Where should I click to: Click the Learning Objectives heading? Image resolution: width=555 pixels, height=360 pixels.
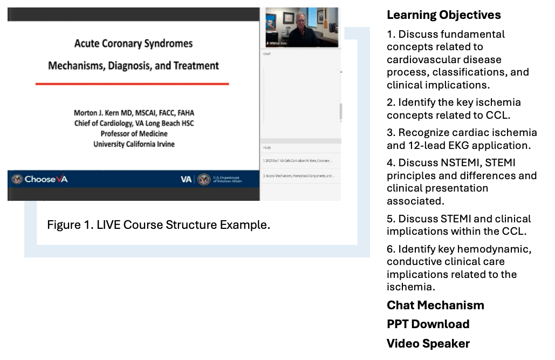tap(443, 15)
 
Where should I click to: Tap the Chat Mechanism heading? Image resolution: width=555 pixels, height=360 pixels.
tap(435, 305)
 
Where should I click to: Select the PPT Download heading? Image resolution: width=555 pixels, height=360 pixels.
tap(428, 324)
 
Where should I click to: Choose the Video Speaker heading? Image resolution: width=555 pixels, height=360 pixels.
tap(428, 343)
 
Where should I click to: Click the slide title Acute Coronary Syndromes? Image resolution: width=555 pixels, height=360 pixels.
tap(133, 43)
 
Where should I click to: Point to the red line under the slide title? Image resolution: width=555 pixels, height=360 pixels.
tap(132, 84)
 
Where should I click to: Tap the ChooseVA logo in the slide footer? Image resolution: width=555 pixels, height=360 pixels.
tap(40, 179)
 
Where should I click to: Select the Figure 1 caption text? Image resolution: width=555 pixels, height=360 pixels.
tap(158, 225)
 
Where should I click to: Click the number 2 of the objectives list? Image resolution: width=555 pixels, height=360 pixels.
tap(390, 103)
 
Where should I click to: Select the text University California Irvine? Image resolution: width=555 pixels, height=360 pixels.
tap(134, 144)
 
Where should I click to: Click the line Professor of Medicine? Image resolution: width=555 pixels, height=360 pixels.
tap(134, 134)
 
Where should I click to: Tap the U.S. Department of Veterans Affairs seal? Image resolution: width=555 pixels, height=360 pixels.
tap(203, 179)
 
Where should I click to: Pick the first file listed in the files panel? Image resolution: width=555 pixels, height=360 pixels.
tap(298, 161)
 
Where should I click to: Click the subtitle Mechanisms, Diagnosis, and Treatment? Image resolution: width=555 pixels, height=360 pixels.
tap(133, 66)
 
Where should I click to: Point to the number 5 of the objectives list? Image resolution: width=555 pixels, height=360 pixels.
tap(390, 219)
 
